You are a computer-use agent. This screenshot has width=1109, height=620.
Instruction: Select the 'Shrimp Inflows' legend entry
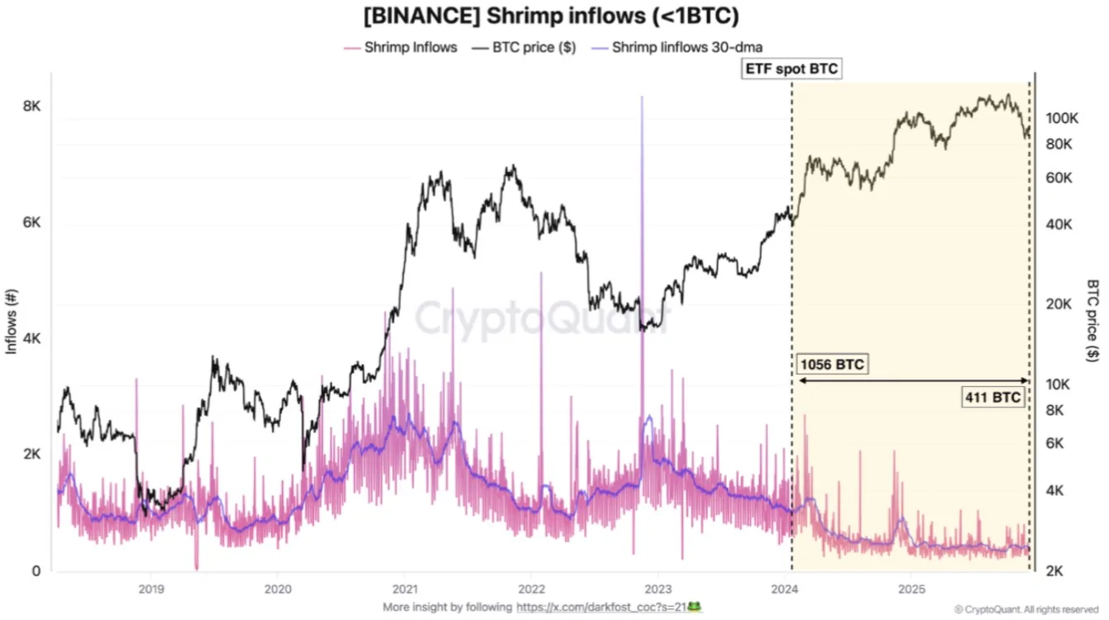click(x=410, y=47)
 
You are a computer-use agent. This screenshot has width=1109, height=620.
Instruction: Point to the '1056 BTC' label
click(x=832, y=365)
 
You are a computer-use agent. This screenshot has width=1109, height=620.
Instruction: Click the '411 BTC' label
click(x=992, y=397)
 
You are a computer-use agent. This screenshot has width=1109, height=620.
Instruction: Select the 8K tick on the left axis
click(x=31, y=107)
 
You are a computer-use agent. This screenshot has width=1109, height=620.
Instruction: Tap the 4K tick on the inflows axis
click(x=31, y=339)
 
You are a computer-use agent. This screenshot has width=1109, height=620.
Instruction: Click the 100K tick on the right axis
click(x=1063, y=118)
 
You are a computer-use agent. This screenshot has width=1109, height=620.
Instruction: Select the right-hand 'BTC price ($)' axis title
click(x=1092, y=319)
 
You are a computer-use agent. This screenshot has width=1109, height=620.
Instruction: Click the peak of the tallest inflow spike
click(x=642, y=98)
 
